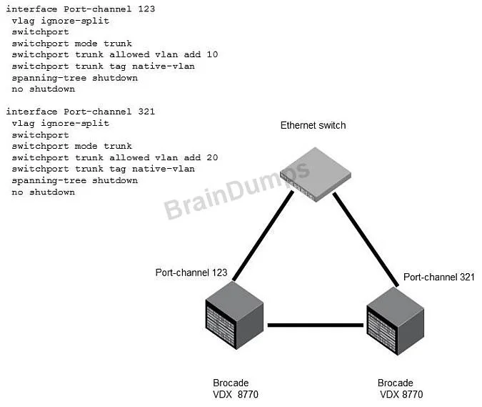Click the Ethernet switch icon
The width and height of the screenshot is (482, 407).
point(316,175)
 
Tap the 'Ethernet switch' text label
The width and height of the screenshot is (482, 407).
point(313,125)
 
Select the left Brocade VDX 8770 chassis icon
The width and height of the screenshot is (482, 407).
point(234,315)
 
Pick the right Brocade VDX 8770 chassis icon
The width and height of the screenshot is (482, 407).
point(396,320)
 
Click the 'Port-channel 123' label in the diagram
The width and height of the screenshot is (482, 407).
point(191,273)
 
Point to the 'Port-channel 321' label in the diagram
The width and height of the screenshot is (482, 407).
point(439,277)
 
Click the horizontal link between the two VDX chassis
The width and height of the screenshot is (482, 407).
point(316,325)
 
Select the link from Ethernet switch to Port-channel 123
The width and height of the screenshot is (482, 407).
point(263,236)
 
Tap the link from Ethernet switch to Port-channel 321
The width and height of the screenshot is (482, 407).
point(366,239)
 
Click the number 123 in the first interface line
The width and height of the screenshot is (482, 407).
point(146,9)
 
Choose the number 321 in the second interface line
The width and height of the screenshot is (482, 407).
point(146,112)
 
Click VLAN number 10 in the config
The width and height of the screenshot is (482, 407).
point(212,54)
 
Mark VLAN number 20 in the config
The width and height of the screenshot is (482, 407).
point(212,157)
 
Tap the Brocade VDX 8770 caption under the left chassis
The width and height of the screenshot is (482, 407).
point(236,388)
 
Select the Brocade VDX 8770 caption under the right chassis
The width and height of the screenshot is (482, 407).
point(400,388)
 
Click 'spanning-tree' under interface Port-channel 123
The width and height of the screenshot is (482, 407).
point(49,78)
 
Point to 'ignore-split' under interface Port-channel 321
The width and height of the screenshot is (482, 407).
point(75,124)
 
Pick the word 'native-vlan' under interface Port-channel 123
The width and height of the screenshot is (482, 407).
point(164,67)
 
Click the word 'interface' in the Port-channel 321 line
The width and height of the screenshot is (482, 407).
point(31,112)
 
